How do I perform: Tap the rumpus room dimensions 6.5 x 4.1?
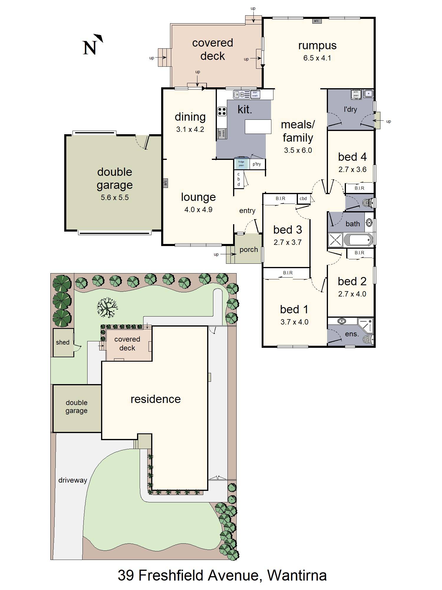(317, 58)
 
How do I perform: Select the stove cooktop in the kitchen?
(222, 111)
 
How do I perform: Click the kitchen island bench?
(258, 127)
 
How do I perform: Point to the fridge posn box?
(241, 164)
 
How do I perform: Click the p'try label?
(257, 164)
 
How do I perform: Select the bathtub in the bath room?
(358, 240)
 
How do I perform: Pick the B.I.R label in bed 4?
(359, 188)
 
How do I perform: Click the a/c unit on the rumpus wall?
(316, 21)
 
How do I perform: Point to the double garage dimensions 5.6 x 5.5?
(115, 198)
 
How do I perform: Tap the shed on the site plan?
(63, 342)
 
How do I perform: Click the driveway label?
(72, 480)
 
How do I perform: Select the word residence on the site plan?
(155, 399)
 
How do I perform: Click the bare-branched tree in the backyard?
(107, 307)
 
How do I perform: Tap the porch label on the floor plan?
(248, 250)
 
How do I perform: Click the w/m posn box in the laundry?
(356, 94)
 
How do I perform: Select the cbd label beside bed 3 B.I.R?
(303, 199)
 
